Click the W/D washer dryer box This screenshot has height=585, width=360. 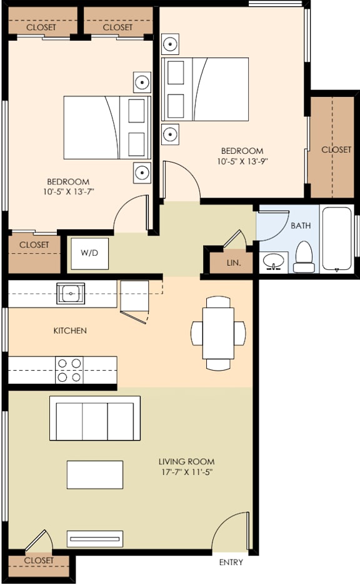pos(89,253)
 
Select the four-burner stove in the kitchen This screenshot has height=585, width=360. pos(69,369)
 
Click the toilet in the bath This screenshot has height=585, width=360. pos(304,257)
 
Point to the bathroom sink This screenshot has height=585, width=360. pos(273,262)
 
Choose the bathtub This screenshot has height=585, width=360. pos(337,239)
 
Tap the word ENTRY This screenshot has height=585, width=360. pos(231,562)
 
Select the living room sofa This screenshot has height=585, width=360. pos(95,418)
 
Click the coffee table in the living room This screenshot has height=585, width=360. pos(95,475)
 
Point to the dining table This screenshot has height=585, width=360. pos(219,332)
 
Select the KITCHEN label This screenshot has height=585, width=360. pos(69,331)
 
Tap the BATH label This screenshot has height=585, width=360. pos(301,226)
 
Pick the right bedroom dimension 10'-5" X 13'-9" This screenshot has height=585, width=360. pos(242,156)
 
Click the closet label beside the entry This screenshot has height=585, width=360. pos(39,561)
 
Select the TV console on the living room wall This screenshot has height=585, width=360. pos(95,539)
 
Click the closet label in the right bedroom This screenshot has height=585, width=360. pos(336,149)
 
